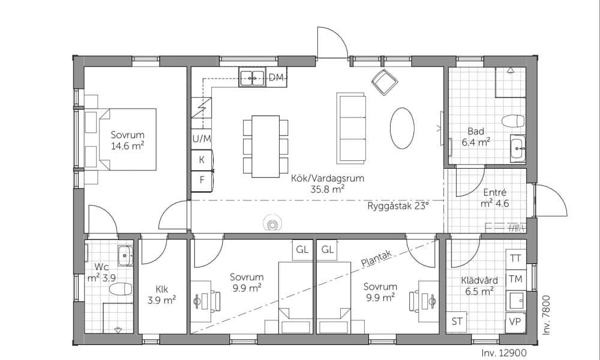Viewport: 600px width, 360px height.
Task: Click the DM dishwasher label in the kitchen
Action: point(276,77)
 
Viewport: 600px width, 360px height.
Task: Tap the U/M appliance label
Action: point(202,139)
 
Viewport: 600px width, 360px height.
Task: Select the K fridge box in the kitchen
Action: point(202,160)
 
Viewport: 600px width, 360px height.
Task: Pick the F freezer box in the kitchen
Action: point(202,180)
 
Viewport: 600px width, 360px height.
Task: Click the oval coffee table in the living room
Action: point(402,128)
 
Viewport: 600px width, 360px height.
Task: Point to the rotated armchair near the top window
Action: point(385,82)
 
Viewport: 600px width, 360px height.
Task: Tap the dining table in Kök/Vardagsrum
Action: point(266,146)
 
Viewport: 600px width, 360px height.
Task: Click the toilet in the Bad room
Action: point(513,121)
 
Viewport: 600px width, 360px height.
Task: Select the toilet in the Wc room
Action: point(121,289)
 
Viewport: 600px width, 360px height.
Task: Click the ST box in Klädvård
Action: point(457,322)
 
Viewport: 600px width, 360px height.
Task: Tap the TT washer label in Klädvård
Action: point(516,259)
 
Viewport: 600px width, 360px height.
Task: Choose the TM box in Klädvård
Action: point(516,279)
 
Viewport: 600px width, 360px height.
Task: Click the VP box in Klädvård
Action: point(516,322)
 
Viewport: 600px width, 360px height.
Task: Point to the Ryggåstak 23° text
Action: point(398,206)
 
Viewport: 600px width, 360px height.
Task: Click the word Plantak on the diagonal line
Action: point(376,259)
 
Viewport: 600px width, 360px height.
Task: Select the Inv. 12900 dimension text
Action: point(504,353)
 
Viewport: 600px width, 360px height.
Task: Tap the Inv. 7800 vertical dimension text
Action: point(546,315)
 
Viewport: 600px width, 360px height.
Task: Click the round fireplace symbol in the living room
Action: point(272,223)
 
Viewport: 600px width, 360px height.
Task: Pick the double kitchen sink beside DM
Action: point(252,77)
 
